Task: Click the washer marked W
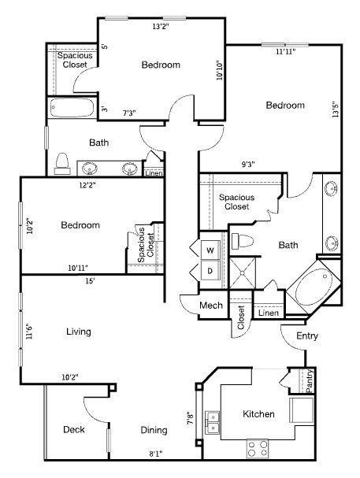click(x=210, y=250)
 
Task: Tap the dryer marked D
click(x=210, y=270)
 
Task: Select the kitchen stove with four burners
click(x=258, y=448)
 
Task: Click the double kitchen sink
click(x=213, y=423)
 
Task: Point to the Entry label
click(x=307, y=335)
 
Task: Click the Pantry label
click(x=309, y=381)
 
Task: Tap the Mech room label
click(x=211, y=306)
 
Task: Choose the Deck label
click(x=74, y=429)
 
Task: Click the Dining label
click(x=154, y=430)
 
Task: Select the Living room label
click(x=79, y=332)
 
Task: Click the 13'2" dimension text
click(x=161, y=27)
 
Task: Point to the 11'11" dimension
click(x=286, y=51)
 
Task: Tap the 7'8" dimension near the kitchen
click(x=190, y=418)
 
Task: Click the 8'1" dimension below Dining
click(x=155, y=454)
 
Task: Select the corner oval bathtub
click(x=313, y=287)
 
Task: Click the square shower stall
click(x=243, y=272)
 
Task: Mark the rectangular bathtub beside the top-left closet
click(x=72, y=108)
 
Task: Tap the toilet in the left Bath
click(x=62, y=163)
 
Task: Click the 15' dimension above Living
click(x=90, y=281)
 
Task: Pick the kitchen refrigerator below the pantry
click(x=301, y=409)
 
